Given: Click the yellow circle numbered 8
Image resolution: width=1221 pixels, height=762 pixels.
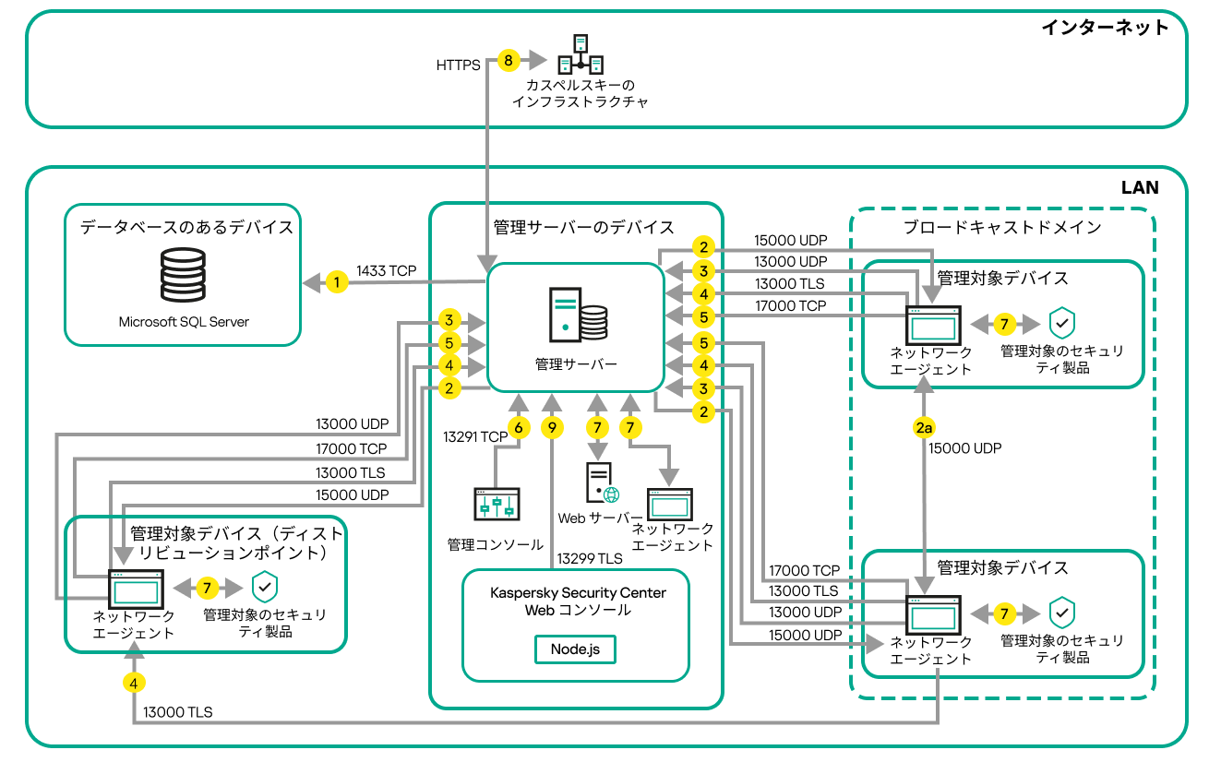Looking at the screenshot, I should pos(508,61).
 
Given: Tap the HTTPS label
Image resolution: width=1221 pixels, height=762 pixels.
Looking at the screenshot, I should pos(458,65).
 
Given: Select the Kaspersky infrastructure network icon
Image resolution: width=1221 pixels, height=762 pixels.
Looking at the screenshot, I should pos(581,54).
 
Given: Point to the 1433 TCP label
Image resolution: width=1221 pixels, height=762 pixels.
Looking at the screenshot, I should pos(389,271).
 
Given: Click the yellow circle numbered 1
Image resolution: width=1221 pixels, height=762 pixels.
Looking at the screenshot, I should pos(338,282).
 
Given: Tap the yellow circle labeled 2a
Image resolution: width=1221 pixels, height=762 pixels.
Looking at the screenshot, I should pos(925,428).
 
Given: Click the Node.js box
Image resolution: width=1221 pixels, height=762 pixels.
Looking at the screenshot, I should pos(575,649).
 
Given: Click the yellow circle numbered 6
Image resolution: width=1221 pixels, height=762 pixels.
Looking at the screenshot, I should pos(519,428).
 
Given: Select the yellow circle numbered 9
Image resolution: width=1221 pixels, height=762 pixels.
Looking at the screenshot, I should pos(552,428).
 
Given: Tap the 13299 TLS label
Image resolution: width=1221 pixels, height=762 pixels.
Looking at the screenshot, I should pos(589,558).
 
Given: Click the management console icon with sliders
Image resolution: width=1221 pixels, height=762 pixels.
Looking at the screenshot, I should pos(497,506).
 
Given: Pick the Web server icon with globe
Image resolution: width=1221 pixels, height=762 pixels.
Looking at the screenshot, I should pos(602,483).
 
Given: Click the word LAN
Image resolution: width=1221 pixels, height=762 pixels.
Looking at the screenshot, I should pos(1139,187).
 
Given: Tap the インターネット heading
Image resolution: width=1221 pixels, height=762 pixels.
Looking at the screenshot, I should pos(1105,27).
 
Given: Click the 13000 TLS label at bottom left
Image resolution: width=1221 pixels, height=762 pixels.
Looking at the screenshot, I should pos(177,712).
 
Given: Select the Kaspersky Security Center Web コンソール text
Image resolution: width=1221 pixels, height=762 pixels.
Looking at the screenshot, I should pos(578,601).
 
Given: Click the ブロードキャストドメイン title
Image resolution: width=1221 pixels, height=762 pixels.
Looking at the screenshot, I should pos(1001,227).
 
